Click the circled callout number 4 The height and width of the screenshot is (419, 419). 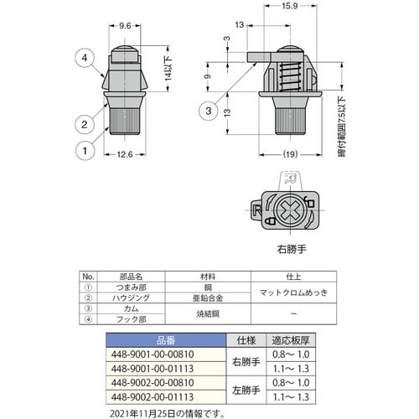(85, 58)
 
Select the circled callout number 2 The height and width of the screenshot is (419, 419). (85, 124)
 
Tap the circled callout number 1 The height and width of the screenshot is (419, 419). (85, 151)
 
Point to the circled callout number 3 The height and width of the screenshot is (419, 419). (209, 111)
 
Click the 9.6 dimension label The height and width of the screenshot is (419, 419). (125, 26)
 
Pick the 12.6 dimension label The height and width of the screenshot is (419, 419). (125, 154)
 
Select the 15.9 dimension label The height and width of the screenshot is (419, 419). (289, 6)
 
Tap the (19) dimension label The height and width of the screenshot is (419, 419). (290, 154)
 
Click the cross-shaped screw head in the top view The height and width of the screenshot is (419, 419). (290, 210)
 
